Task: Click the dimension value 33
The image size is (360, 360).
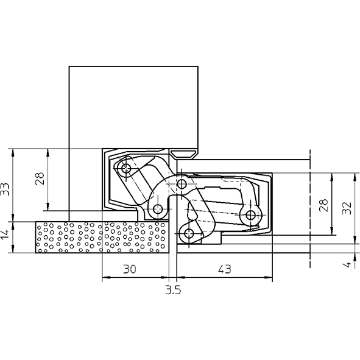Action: coord(5,189)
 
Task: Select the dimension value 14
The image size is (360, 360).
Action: coord(5,234)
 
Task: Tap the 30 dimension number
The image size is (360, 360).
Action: coord(130,269)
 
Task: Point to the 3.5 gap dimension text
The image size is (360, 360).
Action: coord(173,290)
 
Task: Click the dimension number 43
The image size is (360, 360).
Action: coord(225,269)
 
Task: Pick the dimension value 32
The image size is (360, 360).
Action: coord(347,208)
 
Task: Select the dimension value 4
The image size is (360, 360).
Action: coord(348,264)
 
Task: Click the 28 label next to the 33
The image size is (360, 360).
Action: coord(40,178)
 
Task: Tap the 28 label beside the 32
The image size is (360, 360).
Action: coord(323,205)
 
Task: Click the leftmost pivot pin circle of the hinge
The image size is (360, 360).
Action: coord(126,169)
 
